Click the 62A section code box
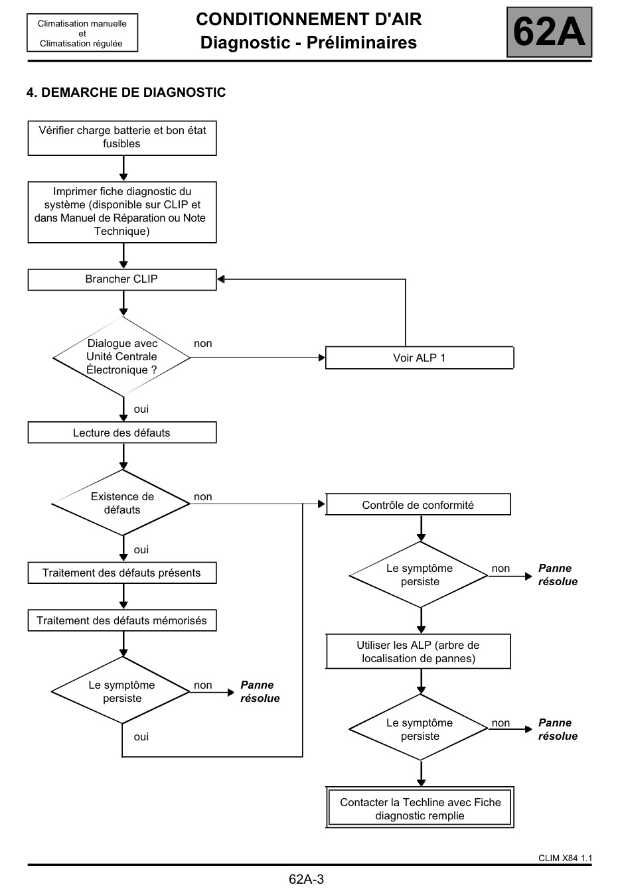click(x=549, y=32)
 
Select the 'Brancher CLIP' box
click(x=122, y=279)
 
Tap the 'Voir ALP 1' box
click(x=420, y=358)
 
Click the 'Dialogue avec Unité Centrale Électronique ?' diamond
click(x=121, y=356)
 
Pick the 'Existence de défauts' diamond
click(x=121, y=503)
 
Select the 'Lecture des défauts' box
click(x=122, y=433)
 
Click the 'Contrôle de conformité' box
click(x=418, y=504)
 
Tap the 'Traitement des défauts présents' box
click(x=122, y=573)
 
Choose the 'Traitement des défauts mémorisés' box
click(x=122, y=620)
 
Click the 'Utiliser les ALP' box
click(x=418, y=651)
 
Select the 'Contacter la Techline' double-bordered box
click(x=420, y=808)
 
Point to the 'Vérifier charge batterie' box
click(x=122, y=138)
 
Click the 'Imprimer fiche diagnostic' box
click(x=122, y=212)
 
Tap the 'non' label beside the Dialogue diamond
click(x=202, y=344)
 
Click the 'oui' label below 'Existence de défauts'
click(x=141, y=550)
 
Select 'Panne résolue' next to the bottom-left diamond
click(x=260, y=691)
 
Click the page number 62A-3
click(x=306, y=879)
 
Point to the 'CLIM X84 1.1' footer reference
click(x=565, y=859)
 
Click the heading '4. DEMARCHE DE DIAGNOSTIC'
click(x=126, y=92)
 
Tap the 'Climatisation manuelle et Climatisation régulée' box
click(x=82, y=33)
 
